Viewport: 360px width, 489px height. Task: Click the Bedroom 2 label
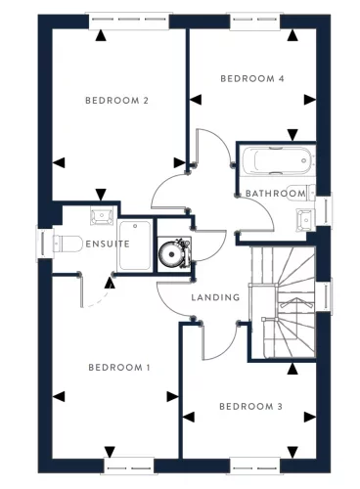click(116, 101)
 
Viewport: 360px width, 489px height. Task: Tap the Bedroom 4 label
click(251, 78)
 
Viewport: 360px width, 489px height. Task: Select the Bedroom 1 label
click(118, 368)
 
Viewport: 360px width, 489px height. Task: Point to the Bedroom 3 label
click(250, 407)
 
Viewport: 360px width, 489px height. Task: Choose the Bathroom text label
click(275, 194)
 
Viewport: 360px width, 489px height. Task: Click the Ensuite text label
click(107, 244)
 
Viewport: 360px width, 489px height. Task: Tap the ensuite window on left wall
click(42, 244)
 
